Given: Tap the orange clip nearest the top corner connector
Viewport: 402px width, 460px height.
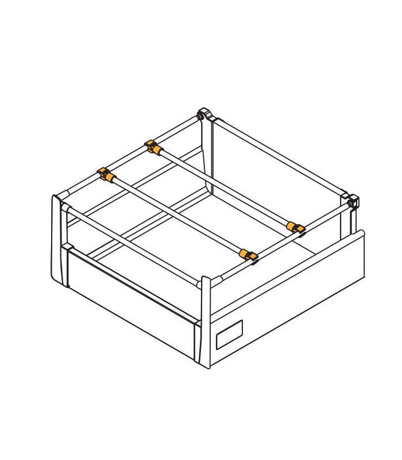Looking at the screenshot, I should tap(153, 147).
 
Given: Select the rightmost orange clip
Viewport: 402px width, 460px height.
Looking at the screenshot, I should tap(296, 228).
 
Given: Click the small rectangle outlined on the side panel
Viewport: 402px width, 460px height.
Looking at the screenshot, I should tap(229, 334).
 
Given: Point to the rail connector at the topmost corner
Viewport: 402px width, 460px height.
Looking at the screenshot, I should tap(204, 115).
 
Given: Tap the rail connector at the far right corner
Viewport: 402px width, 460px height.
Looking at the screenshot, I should tap(353, 201).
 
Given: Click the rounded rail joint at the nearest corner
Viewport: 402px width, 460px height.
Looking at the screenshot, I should tap(205, 282).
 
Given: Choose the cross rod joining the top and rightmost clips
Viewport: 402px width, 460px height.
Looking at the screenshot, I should tap(224, 187).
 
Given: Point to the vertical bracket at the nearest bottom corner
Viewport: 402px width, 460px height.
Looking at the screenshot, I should tap(204, 325).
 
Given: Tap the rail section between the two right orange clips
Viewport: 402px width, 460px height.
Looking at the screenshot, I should tap(273, 242).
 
